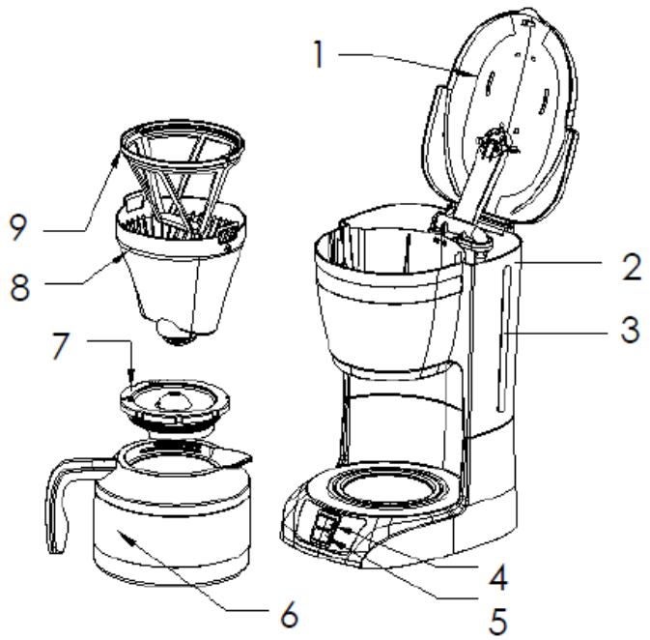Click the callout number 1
[x=318, y=54]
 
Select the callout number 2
[x=632, y=267]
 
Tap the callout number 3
[x=630, y=330]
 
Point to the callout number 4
[x=497, y=576]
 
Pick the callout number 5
[x=497, y=621]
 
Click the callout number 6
[x=289, y=614]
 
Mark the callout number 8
[x=19, y=287]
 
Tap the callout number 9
[x=17, y=227]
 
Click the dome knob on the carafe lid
[x=173, y=399]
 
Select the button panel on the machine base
[x=327, y=529]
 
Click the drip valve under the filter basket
[x=176, y=332]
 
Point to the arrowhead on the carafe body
[x=127, y=538]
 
